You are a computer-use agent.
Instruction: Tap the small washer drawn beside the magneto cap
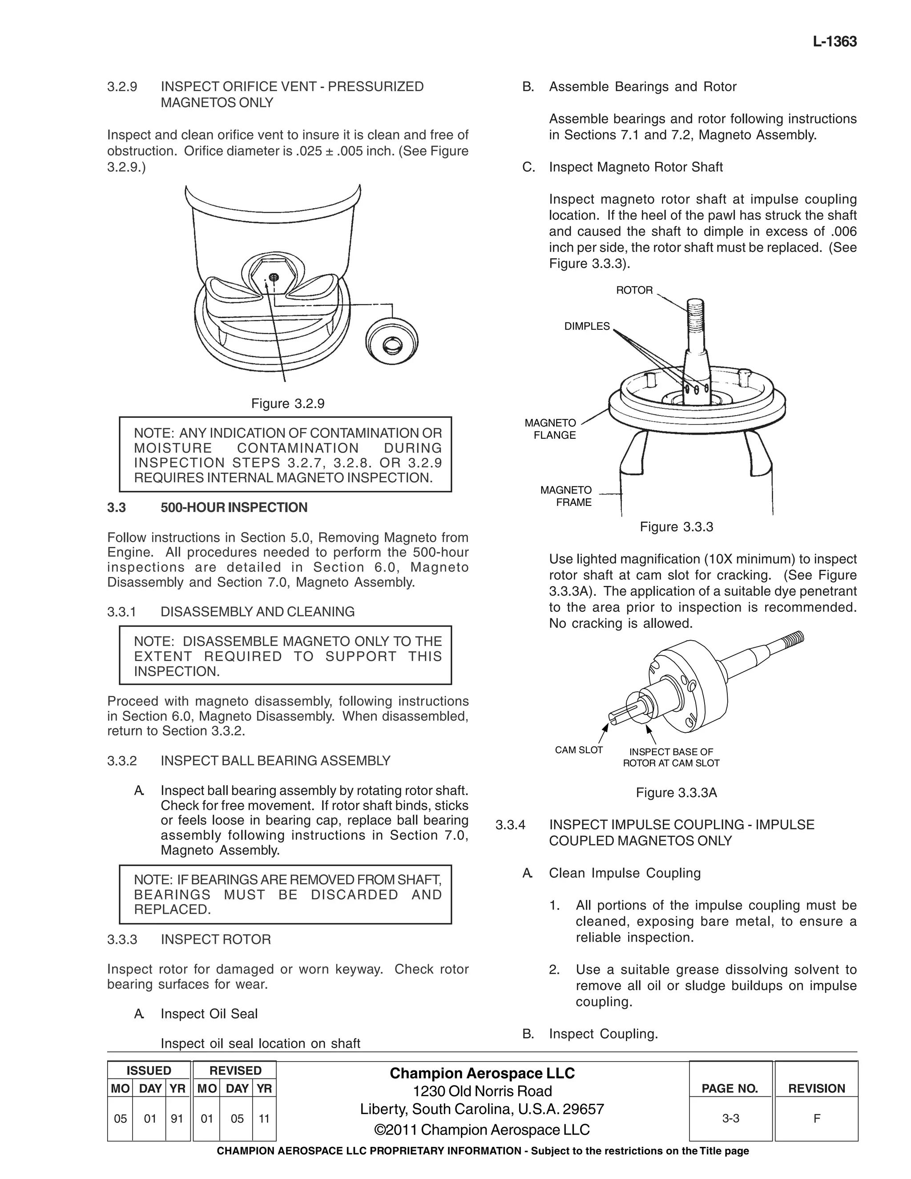(392, 341)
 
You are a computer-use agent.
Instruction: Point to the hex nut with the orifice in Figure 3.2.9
(273, 278)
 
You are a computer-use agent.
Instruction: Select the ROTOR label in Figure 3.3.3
(634, 291)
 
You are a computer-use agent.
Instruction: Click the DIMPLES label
(587, 326)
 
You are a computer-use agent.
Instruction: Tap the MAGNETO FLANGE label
(551, 429)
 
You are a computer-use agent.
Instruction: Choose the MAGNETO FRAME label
(567, 496)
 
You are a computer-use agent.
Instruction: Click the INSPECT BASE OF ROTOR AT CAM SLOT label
(671, 757)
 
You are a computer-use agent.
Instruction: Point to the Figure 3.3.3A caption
(676, 792)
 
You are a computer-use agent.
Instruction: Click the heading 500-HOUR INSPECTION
(234, 508)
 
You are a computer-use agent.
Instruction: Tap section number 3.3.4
(510, 825)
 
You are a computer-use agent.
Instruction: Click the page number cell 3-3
(730, 1118)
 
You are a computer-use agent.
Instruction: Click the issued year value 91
(177, 1119)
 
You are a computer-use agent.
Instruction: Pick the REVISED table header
(235, 1070)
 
